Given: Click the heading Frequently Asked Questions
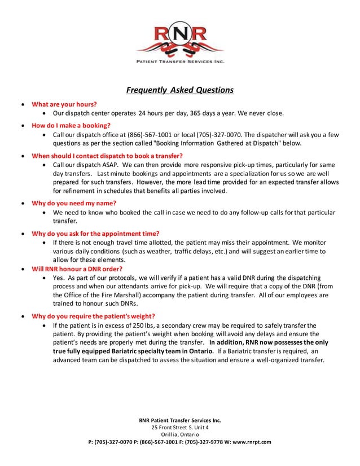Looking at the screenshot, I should [179, 90].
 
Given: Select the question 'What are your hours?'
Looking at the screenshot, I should [64, 104].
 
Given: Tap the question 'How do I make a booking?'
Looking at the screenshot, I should [71, 125].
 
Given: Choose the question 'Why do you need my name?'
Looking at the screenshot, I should [73, 203].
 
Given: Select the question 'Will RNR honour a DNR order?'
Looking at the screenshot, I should [77, 269].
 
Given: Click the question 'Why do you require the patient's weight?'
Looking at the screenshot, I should [93, 316].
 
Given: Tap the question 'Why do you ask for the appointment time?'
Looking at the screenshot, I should [95, 233].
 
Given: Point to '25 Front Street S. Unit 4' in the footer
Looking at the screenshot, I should [179, 427].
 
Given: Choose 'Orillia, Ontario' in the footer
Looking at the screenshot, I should [179, 434].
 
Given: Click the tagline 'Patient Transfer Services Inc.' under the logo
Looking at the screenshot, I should [179, 61].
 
